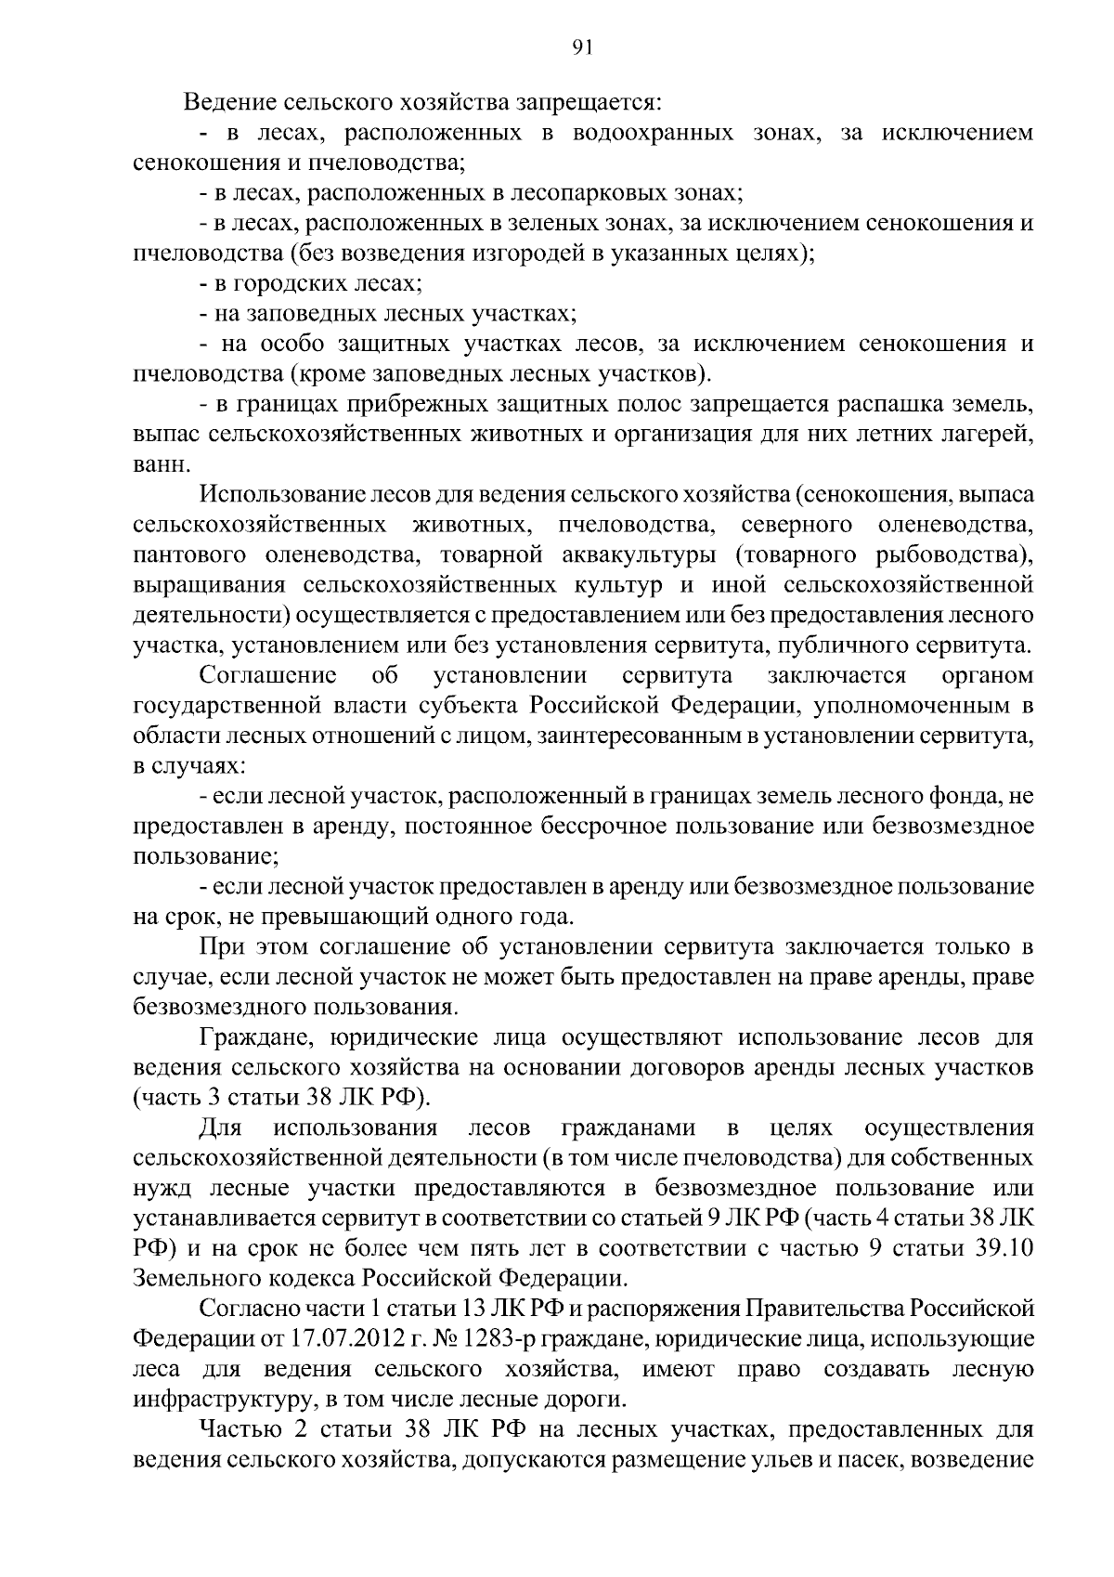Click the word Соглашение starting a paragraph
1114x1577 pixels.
click(x=268, y=675)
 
